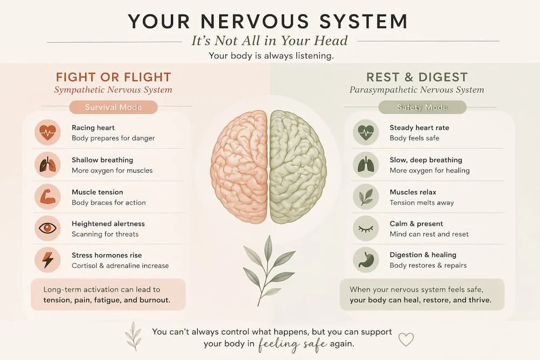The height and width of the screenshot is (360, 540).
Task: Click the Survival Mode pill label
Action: (x=113, y=107)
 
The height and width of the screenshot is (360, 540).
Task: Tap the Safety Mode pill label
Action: (x=422, y=107)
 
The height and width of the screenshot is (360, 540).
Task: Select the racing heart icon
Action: (x=48, y=133)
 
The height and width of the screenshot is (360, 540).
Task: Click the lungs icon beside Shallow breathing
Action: (x=48, y=165)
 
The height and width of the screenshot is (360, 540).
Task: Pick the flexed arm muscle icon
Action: (x=48, y=197)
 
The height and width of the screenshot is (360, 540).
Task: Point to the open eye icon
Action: (x=48, y=228)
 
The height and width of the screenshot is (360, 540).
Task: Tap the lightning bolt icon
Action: (x=48, y=260)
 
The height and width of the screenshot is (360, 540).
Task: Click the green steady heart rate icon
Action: (x=366, y=133)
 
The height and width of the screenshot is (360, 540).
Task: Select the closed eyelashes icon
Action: (x=366, y=228)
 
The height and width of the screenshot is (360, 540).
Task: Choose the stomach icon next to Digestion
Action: (x=366, y=260)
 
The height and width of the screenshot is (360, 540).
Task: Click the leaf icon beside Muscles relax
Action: (x=366, y=197)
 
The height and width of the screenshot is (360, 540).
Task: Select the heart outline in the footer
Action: (x=406, y=339)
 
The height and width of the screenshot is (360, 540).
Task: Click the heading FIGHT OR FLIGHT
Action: (x=113, y=77)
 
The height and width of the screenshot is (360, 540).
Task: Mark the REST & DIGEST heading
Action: (x=417, y=77)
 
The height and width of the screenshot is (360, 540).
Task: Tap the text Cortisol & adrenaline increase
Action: (x=120, y=266)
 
